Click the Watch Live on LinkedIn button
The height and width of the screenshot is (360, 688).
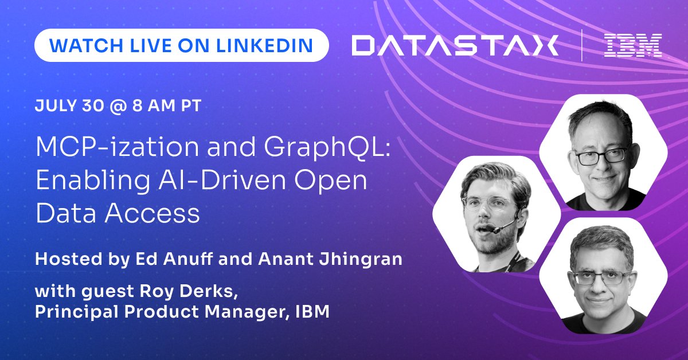pyautogui.click(x=182, y=45)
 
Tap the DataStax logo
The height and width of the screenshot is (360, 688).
pyautogui.click(x=455, y=45)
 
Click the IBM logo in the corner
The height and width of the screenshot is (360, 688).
pyautogui.click(x=633, y=45)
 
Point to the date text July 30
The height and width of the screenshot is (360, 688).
pyautogui.click(x=69, y=105)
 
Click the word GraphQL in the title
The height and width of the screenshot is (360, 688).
pyautogui.click(x=327, y=147)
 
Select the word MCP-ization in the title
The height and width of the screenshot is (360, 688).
pyautogui.click(x=118, y=147)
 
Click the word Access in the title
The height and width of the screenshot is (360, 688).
pyautogui.click(x=153, y=213)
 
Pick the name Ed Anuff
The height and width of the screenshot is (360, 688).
pyautogui.click(x=174, y=259)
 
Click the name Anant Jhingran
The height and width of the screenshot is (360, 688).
pyautogui.click(x=330, y=259)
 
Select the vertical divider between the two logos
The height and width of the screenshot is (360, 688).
pyautogui.click(x=582, y=45)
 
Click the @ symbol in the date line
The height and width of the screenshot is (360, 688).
pyautogui.click(x=118, y=106)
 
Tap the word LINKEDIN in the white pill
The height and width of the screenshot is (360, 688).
pyautogui.click(x=264, y=45)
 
